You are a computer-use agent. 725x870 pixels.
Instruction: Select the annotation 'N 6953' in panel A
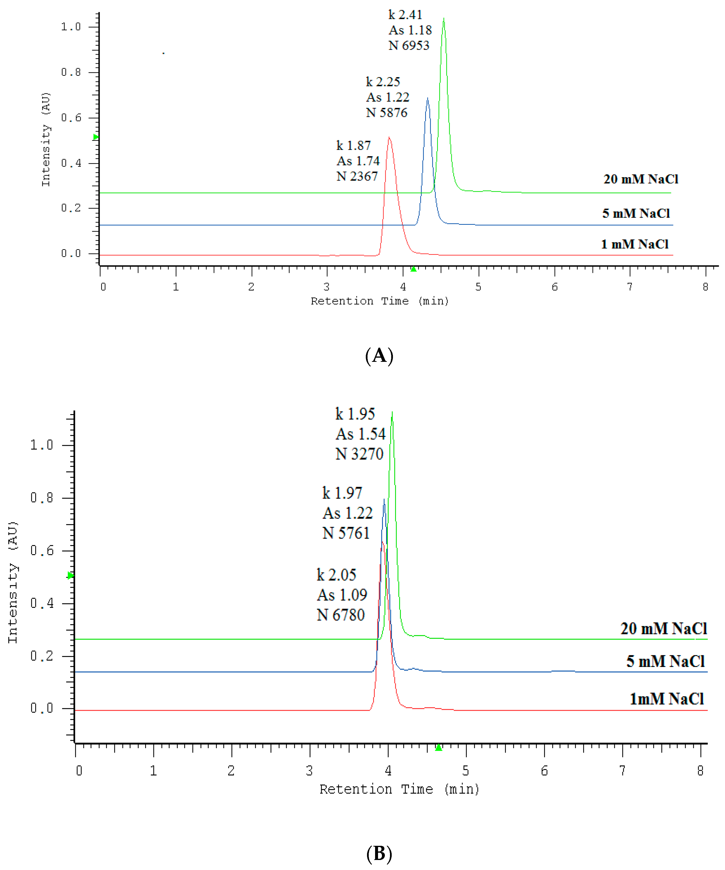tap(409, 46)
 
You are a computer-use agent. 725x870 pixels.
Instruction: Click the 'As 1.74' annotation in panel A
tap(358, 161)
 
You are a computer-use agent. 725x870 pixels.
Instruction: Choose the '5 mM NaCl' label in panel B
tap(665, 661)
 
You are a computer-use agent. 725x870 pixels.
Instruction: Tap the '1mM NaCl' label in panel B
tap(667, 699)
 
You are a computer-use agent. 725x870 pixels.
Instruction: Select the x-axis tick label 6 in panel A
tap(555, 287)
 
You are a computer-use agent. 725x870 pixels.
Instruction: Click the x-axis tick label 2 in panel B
tap(231, 771)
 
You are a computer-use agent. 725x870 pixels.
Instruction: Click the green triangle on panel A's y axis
tap(96, 137)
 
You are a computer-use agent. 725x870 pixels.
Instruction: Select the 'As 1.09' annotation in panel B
tap(342, 595)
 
